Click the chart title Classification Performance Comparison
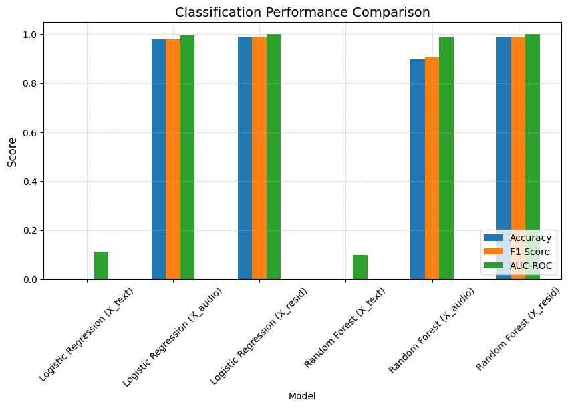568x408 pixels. (x=302, y=12)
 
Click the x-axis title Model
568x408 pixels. (x=302, y=396)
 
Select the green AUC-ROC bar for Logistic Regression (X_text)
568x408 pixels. (x=101, y=266)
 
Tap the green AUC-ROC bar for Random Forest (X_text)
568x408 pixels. (x=360, y=267)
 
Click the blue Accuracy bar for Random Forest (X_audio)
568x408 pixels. (x=417, y=170)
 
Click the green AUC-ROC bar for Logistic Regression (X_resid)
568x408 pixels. (x=273, y=157)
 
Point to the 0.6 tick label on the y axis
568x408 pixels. (x=30, y=133)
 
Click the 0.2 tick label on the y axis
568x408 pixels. (x=30, y=231)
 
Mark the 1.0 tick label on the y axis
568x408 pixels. (x=30, y=35)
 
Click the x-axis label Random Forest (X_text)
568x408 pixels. (x=345, y=327)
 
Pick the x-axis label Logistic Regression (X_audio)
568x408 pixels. (x=172, y=336)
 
